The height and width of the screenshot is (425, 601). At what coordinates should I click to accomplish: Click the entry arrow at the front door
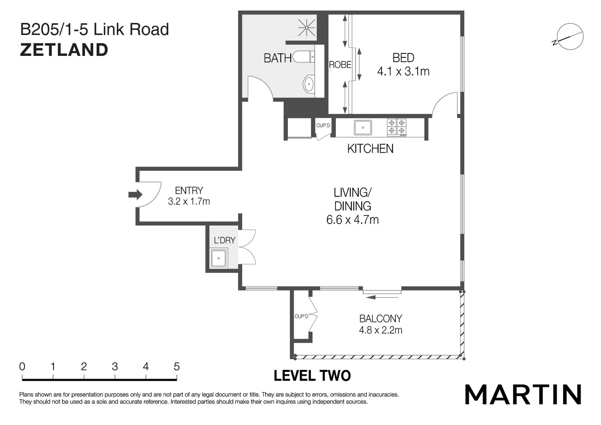click(135, 194)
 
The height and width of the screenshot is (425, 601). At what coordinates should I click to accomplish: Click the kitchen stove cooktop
click(396, 127)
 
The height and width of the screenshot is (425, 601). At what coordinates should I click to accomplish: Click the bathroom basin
click(309, 84)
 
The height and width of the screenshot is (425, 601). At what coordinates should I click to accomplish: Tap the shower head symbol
click(306, 28)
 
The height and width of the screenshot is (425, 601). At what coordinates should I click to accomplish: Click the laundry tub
click(219, 258)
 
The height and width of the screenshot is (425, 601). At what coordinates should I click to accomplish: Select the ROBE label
click(340, 65)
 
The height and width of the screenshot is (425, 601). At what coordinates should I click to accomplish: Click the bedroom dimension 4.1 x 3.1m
click(403, 72)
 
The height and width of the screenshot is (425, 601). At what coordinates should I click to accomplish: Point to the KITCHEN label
click(370, 149)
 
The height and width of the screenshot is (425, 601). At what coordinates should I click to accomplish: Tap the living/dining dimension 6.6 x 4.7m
click(352, 220)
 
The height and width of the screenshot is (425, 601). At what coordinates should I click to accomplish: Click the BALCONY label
click(380, 318)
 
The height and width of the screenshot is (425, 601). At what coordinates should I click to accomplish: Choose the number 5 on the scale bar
click(177, 367)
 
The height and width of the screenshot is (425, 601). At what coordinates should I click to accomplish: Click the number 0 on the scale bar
click(22, 367)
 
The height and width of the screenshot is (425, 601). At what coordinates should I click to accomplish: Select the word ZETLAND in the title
click(64, 50)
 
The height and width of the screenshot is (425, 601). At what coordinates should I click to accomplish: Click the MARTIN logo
click(523, 394)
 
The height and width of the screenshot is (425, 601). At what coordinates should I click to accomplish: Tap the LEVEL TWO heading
click(312, 376)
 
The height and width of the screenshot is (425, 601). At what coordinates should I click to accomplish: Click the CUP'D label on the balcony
click(301, 316)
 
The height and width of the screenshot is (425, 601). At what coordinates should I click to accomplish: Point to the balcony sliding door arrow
click(382, 297)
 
